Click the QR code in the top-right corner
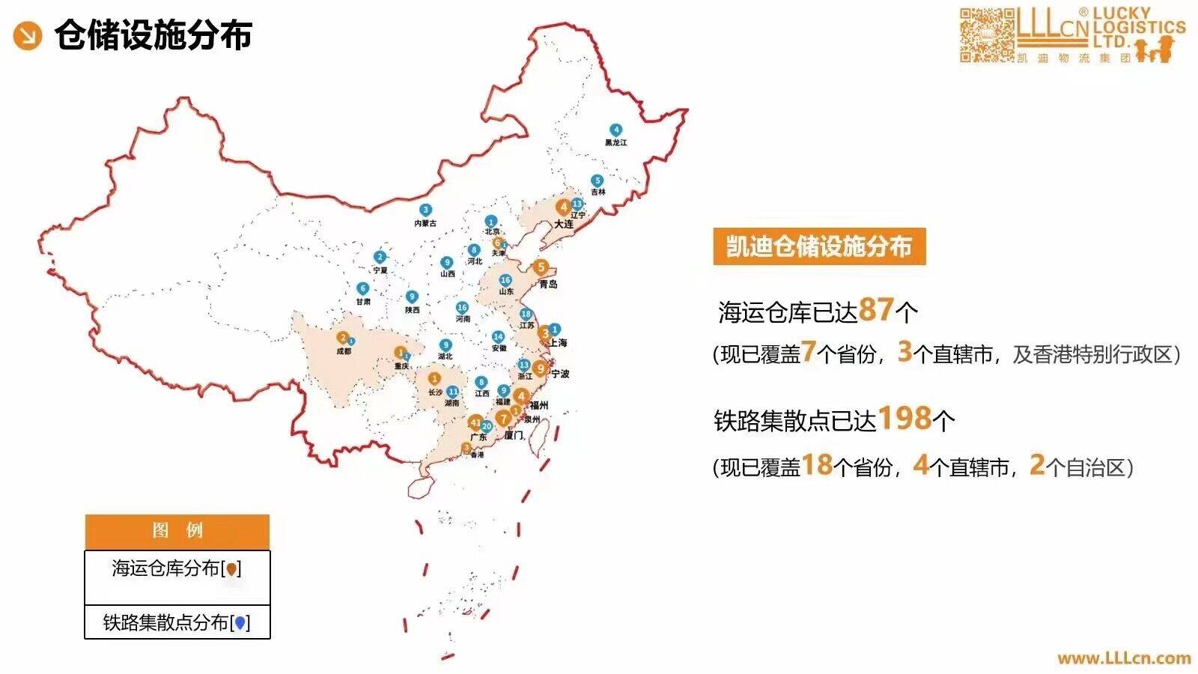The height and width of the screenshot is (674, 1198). tap(986, 35)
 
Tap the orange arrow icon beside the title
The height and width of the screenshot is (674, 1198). tap(28, 35)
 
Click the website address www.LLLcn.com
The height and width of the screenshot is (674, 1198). tap(1124, 658)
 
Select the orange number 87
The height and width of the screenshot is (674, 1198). tap(877, 309)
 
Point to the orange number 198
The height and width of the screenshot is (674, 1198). tap(904, 418)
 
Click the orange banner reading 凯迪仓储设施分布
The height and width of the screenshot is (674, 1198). tap(819, 246)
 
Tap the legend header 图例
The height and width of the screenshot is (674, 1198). tap(177, 531)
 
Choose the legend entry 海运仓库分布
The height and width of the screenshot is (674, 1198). tap(177, 569)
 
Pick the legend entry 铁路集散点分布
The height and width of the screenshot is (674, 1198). tap(177, 622)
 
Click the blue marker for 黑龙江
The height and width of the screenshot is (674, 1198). tap(615, 130)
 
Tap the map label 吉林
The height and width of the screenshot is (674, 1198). tap(598, 192)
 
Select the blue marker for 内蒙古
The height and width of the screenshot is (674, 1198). tap(425, 210)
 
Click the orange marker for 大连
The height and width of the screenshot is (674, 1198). tap(563, 207)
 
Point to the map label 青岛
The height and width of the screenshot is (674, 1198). tap(549, 285)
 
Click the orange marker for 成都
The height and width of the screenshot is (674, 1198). tap(342, 338)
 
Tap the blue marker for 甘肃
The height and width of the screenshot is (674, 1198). tap(362, 288)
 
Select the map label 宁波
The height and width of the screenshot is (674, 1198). tap(560, 374)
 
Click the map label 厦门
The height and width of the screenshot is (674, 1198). tap(514, 435)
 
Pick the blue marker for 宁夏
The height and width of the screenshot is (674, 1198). tap(380, 258)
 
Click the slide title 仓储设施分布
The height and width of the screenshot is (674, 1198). tap(153, 35)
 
